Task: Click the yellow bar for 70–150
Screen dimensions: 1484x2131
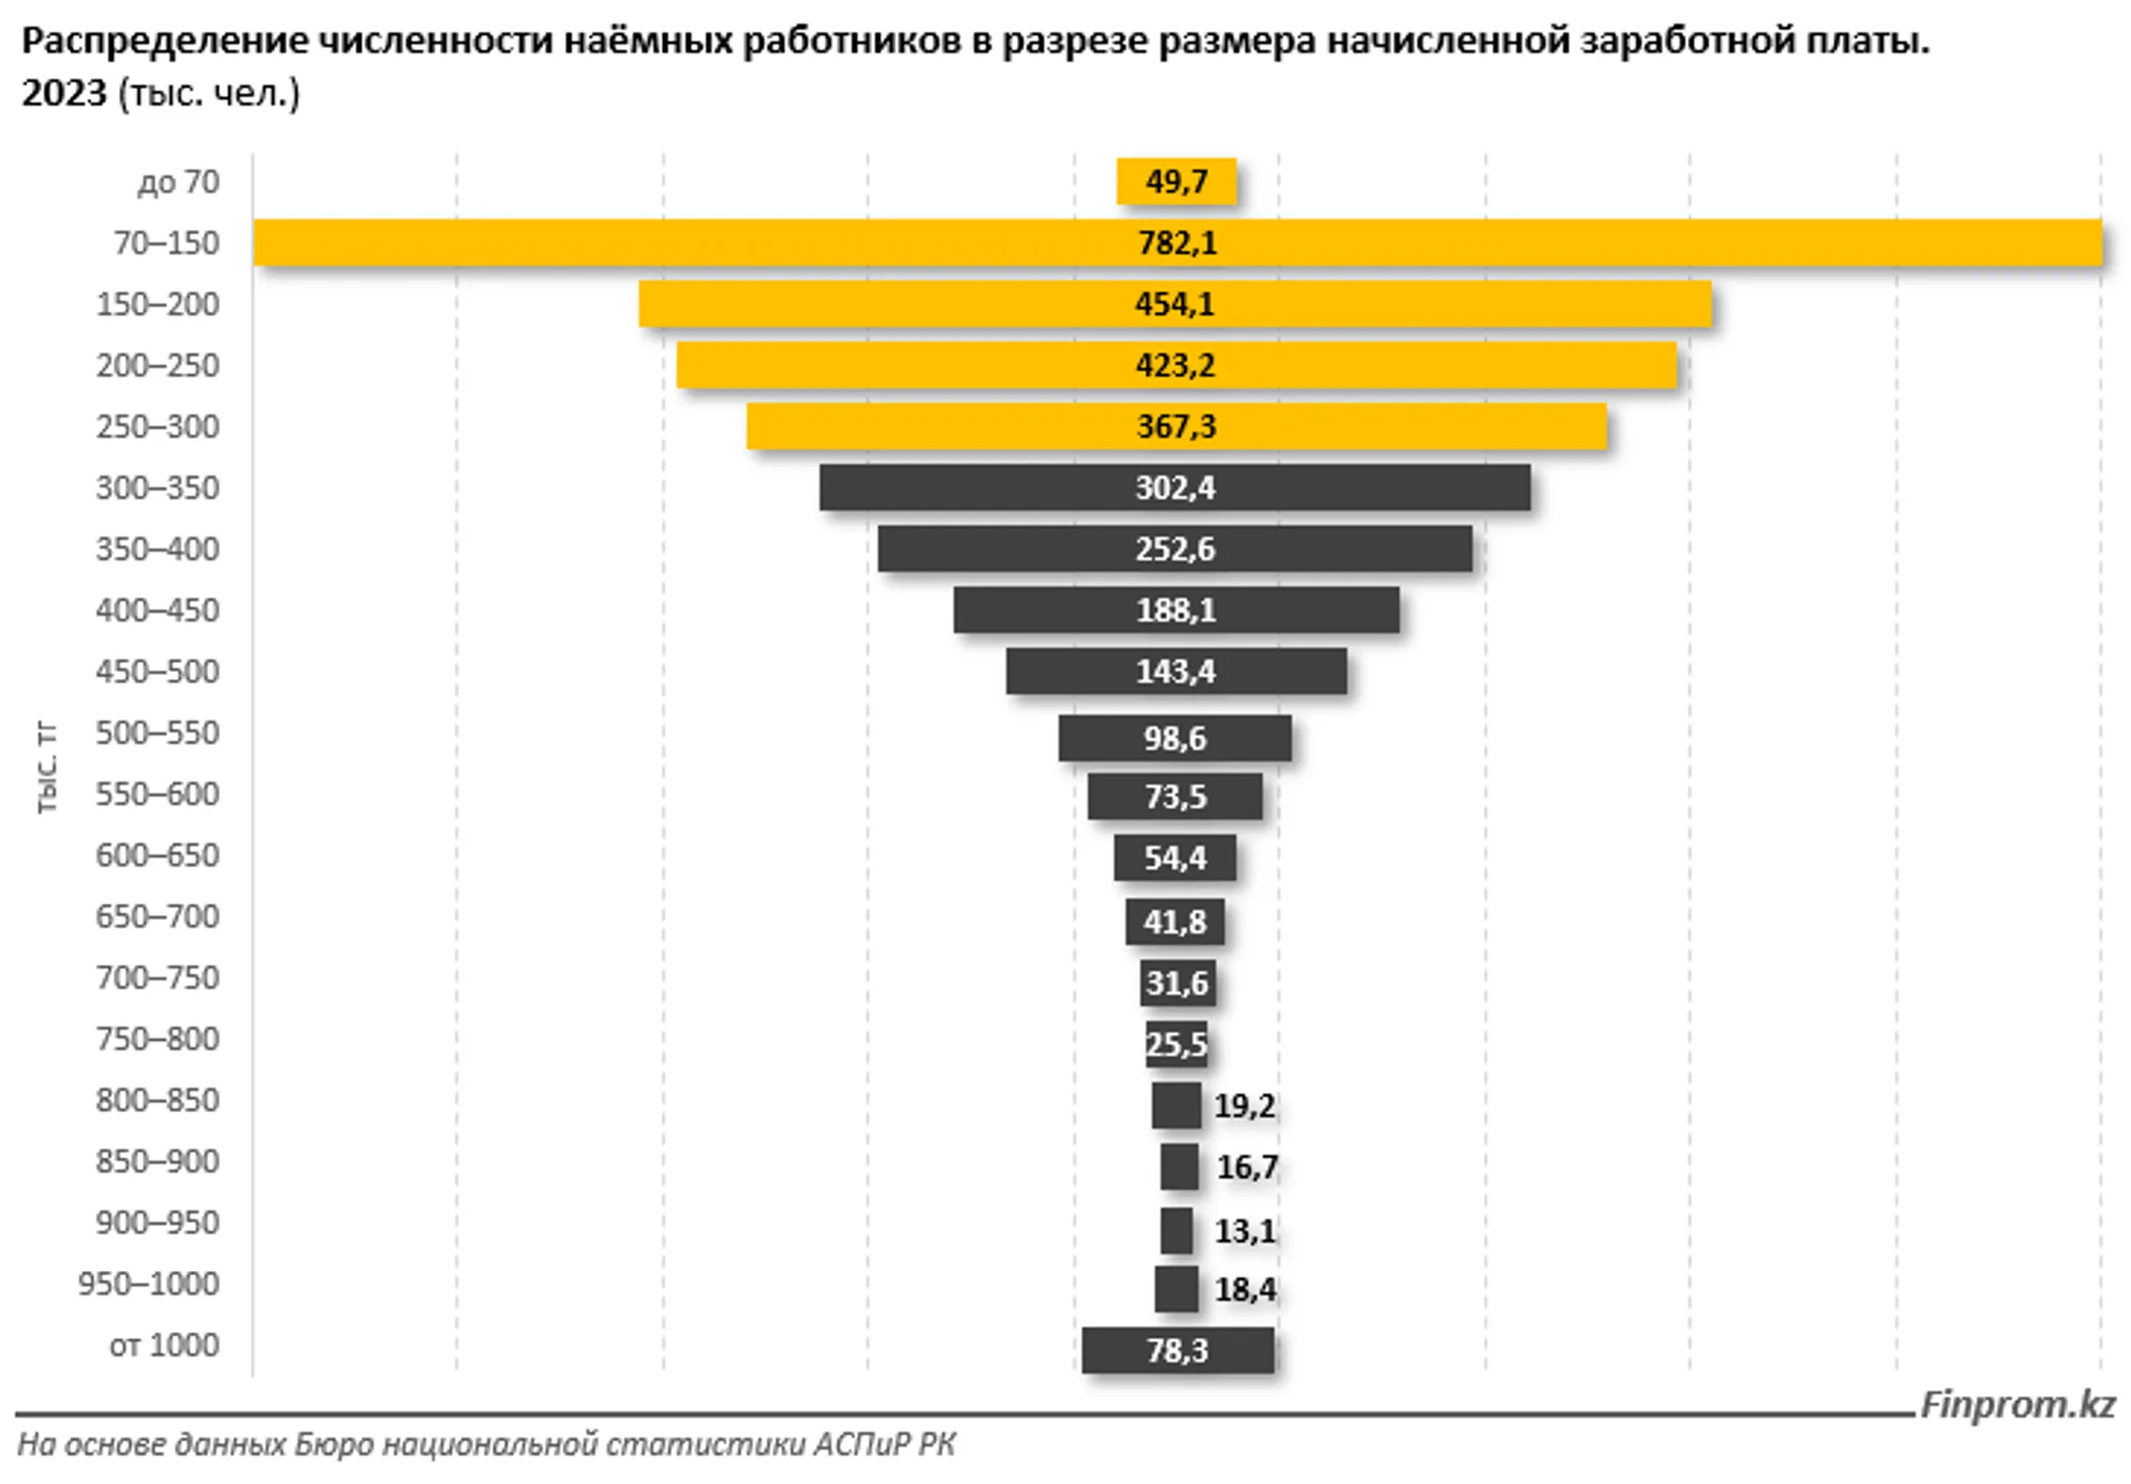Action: (691, 243)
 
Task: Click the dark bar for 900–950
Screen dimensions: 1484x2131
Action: (1176, 1230)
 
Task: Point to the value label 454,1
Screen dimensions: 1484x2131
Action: (1174, 304)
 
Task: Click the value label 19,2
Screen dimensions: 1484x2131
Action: (1244, 1106)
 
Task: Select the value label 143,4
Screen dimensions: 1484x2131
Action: (1175, 672)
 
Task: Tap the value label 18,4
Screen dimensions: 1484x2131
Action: (1245, 1290)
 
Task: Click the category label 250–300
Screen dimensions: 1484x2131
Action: (158, 426)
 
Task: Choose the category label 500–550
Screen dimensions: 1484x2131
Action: (158, 733)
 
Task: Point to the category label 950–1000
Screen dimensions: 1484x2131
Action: (149, 1284)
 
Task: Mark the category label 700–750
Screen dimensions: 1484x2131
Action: (158, 978)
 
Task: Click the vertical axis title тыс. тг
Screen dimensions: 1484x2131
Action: (47, 768)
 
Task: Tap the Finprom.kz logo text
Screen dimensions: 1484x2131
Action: (2018, 1404)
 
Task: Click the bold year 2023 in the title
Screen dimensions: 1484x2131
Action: (64, 93)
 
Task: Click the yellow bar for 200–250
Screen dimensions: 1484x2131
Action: (888, 365)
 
